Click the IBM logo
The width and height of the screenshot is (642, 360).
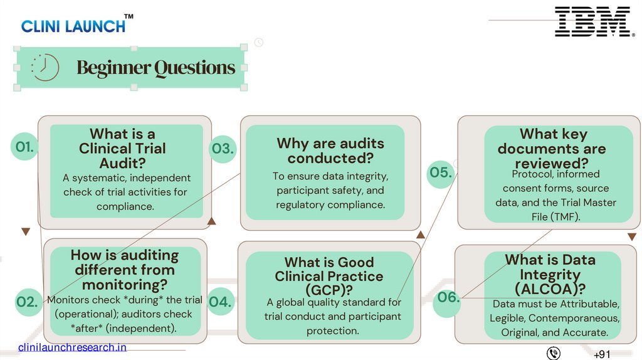point(592,21)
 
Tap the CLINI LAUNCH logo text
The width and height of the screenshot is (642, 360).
point(74,26)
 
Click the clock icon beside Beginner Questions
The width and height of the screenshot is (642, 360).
point(45,67)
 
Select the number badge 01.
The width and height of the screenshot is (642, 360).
point(25,147)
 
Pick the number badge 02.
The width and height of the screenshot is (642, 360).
point(27,302)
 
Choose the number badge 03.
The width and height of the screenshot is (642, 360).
point(223,149)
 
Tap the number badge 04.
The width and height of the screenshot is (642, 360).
point(221,302)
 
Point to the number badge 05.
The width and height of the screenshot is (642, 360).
point(441,172)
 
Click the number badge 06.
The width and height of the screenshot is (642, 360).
point(448,298)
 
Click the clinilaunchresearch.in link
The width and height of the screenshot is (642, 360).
point(72,347)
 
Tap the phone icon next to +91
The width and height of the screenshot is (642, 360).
point(554,353)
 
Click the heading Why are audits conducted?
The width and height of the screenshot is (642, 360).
point(330,151)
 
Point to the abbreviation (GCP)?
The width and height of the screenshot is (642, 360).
point(329,290)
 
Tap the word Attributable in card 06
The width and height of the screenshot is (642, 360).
point(589,304)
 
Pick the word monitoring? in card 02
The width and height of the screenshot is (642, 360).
point(124,284)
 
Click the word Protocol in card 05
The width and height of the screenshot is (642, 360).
point(532,174)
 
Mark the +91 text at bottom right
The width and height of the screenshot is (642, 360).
point(601,354)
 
